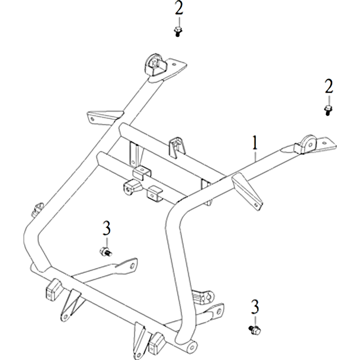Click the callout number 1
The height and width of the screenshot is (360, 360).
tap(255, 143)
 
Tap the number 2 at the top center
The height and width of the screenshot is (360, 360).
tap(179, 8)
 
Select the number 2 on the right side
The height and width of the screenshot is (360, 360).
tap(329, 86)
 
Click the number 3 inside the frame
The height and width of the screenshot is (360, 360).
tap(107, 228)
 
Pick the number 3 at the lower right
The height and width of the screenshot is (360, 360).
tap(255, 307)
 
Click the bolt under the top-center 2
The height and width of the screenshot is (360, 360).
tap(178, 31)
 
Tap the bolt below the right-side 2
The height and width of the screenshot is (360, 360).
tap(328, 110)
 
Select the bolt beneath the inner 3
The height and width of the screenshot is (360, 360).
tap(106, 252)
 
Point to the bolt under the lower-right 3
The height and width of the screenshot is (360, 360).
tap(255, 330)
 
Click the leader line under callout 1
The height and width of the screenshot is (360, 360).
tap(255, 155)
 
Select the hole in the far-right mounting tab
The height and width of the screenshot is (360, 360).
tap(324, 143)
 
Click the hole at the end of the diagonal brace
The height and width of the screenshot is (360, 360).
tap(132, 266)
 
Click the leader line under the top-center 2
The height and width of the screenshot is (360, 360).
tap(179, 21)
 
